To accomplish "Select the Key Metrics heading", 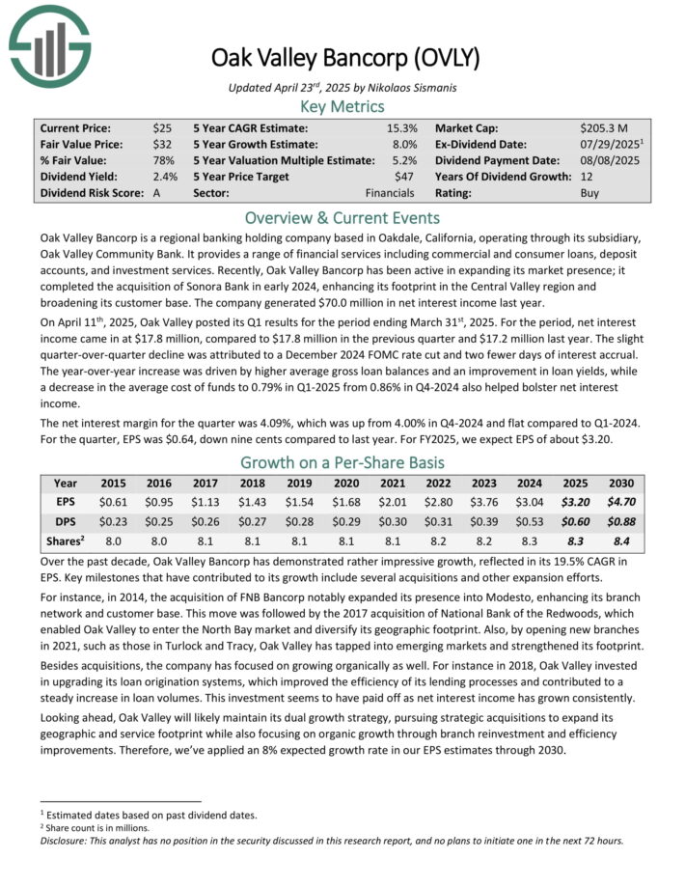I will pyautogui.click(x=342, y=106).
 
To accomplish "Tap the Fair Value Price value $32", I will pyautogui.click(x=162, y=144).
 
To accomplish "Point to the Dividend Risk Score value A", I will pyautogui.click(x=156, y=193).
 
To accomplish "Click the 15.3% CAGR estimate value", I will pyautogui.click(x=403, y=127).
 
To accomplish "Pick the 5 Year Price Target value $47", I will pyautogui.click(x=408, y=177).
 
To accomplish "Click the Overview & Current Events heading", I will pyautogui.click(x=342, y=217).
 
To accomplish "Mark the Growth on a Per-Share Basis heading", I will pyautogui.click(x=342, y=460).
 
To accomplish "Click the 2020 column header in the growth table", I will pyautogui.click(x=346, y=483).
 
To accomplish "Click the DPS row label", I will pyautogui.click(x=66, y=521).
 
